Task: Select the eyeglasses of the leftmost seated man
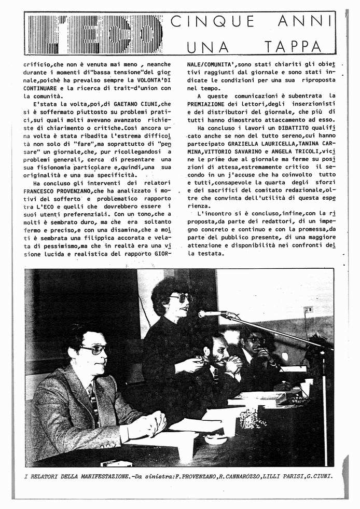(94, 350)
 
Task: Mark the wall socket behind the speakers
(308, 310)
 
